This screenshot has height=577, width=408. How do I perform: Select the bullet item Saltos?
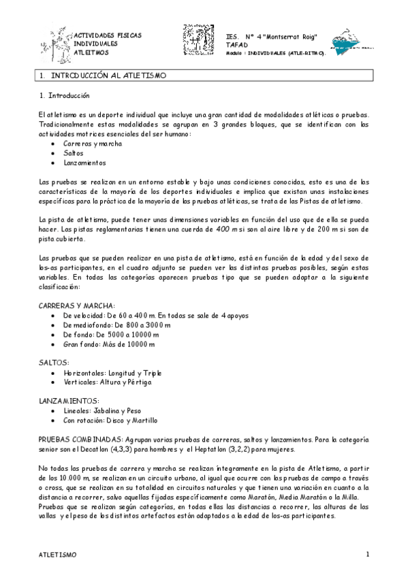(x=73, y=153)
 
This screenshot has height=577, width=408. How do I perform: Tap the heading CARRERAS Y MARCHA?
(x=77, y=306)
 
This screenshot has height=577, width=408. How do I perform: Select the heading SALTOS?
(x=54, y=363)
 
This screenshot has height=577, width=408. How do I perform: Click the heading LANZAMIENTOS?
(x=70, y=401)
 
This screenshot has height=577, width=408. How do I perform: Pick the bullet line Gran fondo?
(x=108, y=344)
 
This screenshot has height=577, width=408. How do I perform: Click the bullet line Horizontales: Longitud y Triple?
(x=112, y=373)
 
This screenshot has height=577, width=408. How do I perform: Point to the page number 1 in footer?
(x=367, y=554)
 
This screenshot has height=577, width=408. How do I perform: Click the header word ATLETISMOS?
(x=90, y=52)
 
